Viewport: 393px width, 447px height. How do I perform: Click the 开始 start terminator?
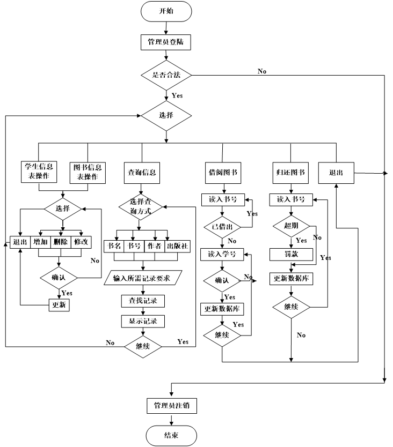coord(166,11)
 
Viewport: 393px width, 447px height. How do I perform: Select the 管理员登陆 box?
coord(166,42)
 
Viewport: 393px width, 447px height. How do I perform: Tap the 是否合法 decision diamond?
coord(166,75)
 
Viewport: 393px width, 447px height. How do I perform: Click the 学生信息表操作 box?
coord(39,172)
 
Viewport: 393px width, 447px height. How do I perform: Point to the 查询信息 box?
coord(142,173)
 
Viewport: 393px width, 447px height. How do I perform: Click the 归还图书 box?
coord(290,173)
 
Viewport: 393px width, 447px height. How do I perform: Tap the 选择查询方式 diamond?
coord(141,207)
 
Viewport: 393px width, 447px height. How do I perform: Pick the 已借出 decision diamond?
coord(222,227)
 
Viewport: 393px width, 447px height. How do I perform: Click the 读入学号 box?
coord(222,254)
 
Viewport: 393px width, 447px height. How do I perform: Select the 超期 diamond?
coord(291,226)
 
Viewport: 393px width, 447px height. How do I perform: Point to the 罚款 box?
coord(291,254)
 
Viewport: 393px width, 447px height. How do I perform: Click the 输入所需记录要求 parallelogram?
coord(142,278)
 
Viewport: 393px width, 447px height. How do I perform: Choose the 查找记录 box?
coord(143,301)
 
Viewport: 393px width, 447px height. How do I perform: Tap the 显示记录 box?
coord(143,322)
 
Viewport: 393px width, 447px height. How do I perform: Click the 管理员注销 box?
coord(172,406)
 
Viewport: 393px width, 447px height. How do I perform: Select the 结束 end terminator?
coord(171,436)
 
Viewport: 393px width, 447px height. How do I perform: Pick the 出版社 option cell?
coord(178,246)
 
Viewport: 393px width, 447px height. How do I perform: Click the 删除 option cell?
coord(60,242)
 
